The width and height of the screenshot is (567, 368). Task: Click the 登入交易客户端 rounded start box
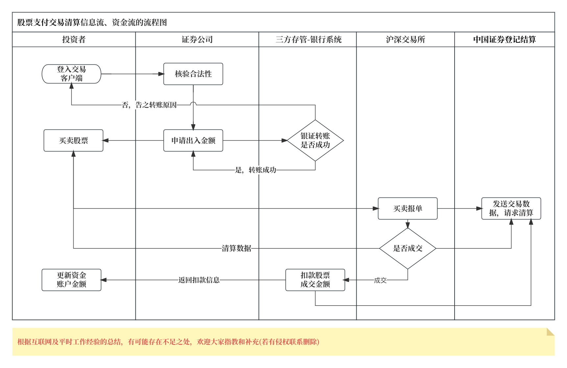(71, 74)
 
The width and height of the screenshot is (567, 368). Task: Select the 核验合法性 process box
(193, 74)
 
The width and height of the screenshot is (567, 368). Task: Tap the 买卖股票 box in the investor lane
(73, 141)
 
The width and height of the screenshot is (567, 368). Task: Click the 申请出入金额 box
(193, 141)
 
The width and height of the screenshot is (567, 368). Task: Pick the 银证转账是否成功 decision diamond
(315, 141)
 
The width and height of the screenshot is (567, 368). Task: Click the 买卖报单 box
(407, 209)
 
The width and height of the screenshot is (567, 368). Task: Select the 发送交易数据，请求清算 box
(511, 209)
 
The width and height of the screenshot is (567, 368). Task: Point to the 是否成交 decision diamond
(407, 248)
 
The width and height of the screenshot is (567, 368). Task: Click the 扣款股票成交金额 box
(315, 280)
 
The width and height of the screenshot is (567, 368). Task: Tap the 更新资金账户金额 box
(71, 280)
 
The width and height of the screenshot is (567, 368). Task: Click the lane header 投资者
(74, 39)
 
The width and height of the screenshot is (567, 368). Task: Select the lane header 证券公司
(197, 39)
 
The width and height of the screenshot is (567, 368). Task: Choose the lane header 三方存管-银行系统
(308, 39)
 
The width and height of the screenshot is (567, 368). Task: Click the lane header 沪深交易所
(405, 39)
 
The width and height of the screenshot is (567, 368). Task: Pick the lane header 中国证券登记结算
(504, 39)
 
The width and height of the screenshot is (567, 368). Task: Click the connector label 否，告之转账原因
(149, 105)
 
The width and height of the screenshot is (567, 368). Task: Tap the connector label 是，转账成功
(255, 170)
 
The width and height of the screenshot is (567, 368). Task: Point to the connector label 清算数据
(236, 248)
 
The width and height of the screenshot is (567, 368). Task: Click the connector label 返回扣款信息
(199, 280)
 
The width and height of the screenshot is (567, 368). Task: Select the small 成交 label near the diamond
(380, 280)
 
